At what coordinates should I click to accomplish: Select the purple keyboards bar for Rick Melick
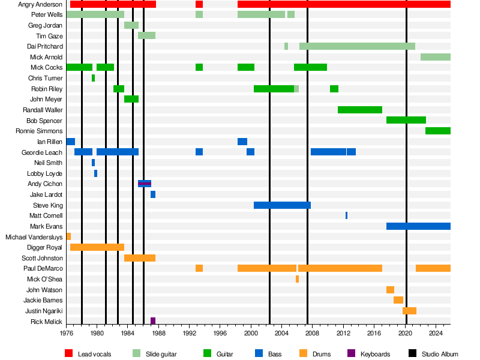point(153,321)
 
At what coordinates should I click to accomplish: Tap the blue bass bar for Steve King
point(282,205)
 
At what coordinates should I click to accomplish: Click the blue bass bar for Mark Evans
point(418,226)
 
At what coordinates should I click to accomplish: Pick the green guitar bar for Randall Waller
point(360,110)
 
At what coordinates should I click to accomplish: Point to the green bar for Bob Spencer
point(406,120)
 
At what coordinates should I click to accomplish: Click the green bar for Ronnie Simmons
point(438,131)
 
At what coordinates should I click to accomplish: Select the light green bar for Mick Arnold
point(436,57)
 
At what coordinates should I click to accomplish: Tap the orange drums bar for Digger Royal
point(97,247)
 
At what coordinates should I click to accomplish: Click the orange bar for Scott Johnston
point(140,258)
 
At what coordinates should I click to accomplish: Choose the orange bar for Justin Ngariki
point(409,311)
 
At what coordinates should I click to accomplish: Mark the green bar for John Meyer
point(131,99)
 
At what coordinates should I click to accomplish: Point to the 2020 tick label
point(406,332)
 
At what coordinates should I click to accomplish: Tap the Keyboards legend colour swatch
point(352,354)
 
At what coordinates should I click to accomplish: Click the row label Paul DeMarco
point(43,268)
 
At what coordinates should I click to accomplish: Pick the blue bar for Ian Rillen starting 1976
point(71,142)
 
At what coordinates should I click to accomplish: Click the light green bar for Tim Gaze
point(147,35)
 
